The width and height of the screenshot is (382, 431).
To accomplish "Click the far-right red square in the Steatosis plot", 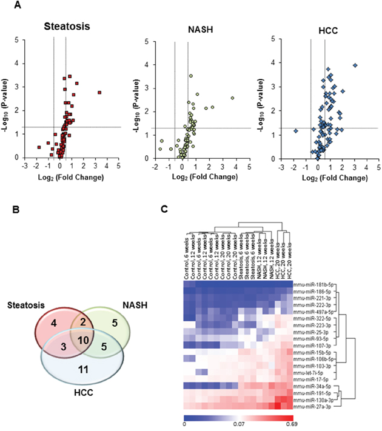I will point(99,92).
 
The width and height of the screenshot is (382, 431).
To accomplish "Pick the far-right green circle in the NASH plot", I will point(232,98).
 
